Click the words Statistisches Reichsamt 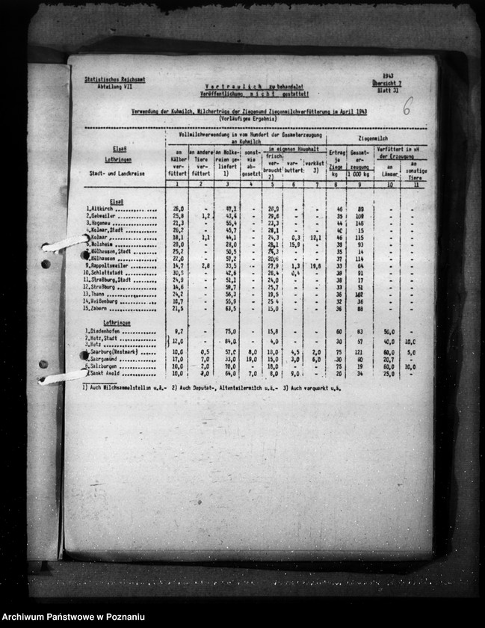105,78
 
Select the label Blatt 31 389,90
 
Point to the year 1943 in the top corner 387,76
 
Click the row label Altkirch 101,209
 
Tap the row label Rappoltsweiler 109,265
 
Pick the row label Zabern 100,308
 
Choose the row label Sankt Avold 105,373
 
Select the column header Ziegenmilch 371,139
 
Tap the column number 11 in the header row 411,183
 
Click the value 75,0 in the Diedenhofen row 230,331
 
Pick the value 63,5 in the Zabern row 230,308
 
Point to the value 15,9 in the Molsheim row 294,244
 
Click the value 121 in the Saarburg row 359,352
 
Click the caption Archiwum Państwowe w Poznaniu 73,617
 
